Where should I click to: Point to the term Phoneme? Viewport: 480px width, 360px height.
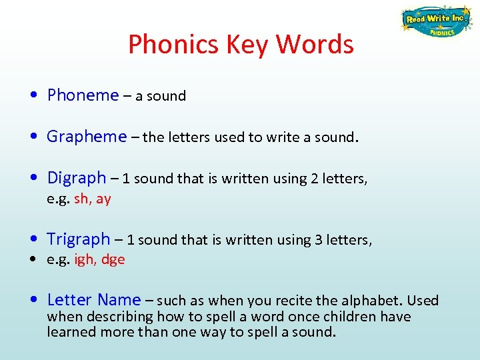click(x=83, y=95)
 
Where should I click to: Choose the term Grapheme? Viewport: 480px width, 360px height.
click(x=87, y=137)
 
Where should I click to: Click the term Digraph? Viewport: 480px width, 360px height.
click(x=77, y=178)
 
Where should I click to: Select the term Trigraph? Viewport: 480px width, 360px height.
click(x=79, y=239)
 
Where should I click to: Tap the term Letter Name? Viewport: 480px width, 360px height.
click(x=94, y=300)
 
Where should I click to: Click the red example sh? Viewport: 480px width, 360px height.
click(x=81, y=199)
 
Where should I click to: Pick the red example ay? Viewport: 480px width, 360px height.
click(x=103, y=199)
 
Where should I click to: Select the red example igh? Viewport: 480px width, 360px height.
click(x=84, y=260)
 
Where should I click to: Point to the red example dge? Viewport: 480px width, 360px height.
click(x=113, y=260)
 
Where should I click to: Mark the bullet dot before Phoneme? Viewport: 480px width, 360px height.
click(x=33, y=96)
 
